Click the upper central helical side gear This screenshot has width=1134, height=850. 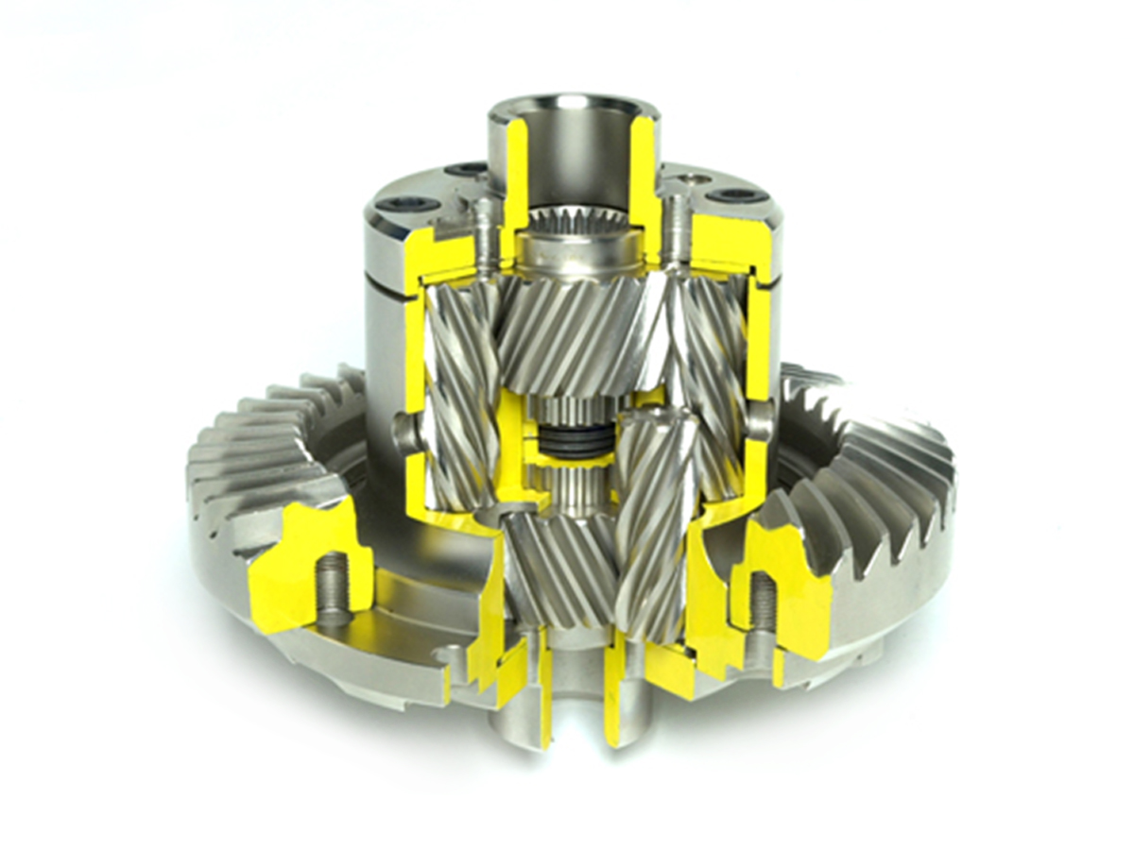click(567, 331)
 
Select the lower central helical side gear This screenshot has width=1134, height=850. click(558, 567)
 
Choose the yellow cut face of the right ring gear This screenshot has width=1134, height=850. click(794, 576)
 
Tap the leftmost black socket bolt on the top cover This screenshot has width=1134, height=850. click(417, 204)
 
